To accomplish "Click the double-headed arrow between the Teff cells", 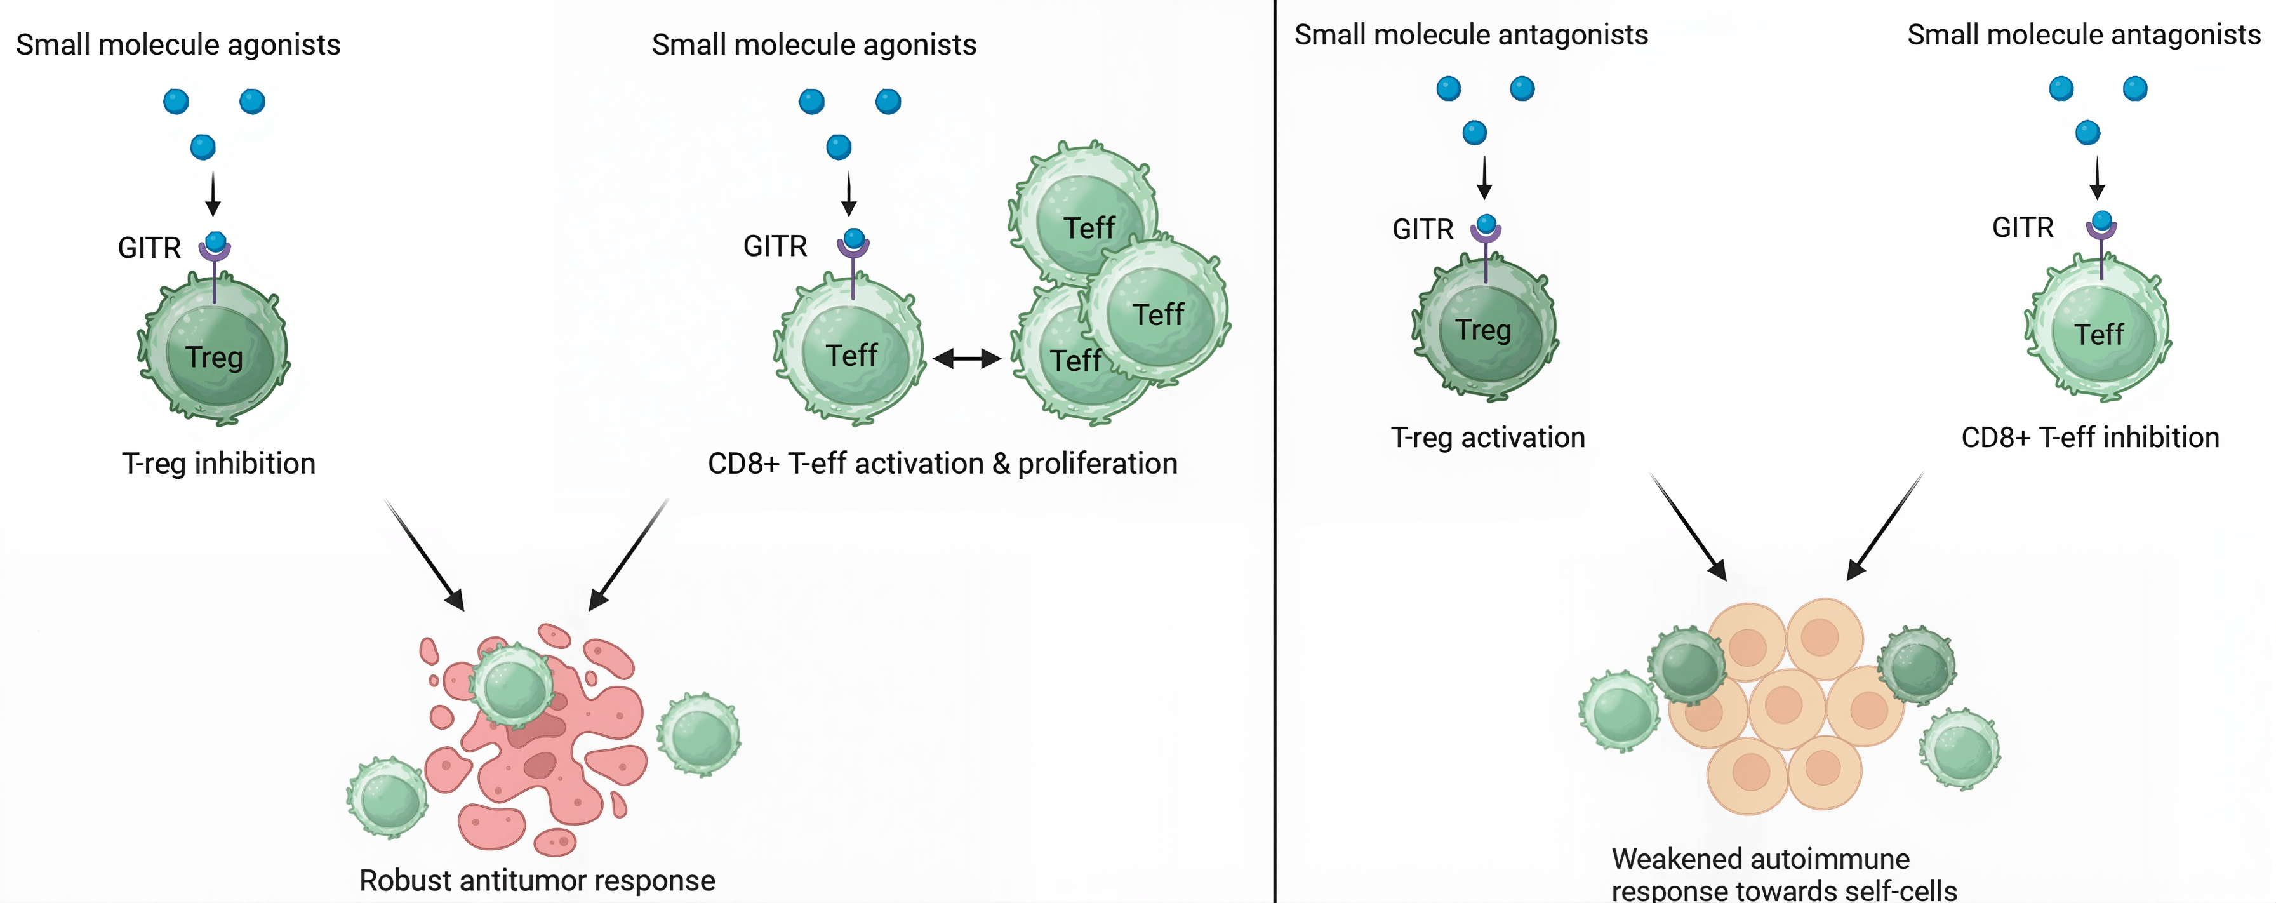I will point(967,358).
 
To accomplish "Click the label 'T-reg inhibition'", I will point(218,463).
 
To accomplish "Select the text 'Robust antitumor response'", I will point(537,880).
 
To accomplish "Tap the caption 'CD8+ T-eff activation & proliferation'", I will point(942,463).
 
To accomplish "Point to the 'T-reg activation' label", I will point(1488,438).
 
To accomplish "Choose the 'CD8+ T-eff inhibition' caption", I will point(2089,438).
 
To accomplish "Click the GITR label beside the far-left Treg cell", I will point(149,248).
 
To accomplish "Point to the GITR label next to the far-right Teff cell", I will point(2023,228).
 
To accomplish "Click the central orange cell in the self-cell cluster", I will point(1786,707).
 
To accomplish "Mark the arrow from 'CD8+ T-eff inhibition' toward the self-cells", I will point(1884,526).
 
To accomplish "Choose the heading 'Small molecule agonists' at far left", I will point(178,44).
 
